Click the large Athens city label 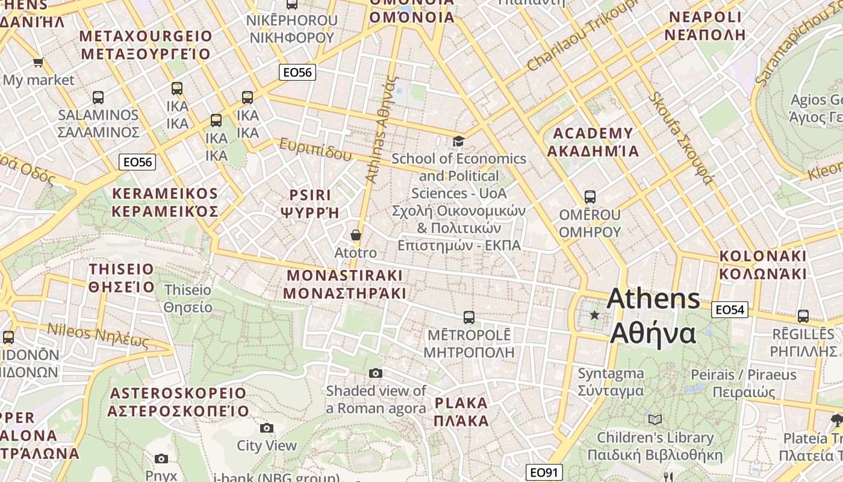click(x=653, y=316)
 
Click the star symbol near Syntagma click(x=595, y=315)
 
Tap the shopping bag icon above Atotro click(x=356, y=234)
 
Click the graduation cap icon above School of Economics click(x=458, y=141)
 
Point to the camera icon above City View click(x=267, y=428)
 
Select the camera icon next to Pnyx click(x=161, y=459)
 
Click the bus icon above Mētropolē click(x=469, y=317)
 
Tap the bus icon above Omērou click(x=590, y=197)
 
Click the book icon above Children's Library click(x=655, y=419)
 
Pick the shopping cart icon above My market click(x=39, y=62)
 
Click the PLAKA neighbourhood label click(x=461, y=412)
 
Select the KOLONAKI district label click(x=763, y=264)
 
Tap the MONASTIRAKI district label click(x=344, y=284)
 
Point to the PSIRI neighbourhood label click(x=310, y=203)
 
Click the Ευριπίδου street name click(x=315, y=149)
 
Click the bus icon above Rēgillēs click(x=803, y=316)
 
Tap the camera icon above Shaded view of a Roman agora click(x=376, y=373)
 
